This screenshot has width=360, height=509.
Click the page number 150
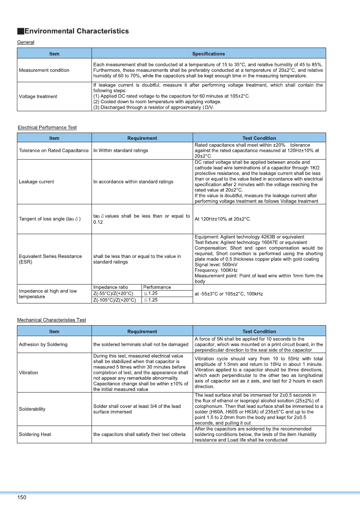pyautogui.click(x=21, y=497)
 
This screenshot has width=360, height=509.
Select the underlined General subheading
pyautogui.click(x=25, y=42)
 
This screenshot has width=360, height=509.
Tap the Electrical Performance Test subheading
pyautogui.click(x=47, y=127)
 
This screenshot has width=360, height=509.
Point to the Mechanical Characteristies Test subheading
pyautogui.click(x=51, y=320)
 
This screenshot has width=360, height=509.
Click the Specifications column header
pyautogui.click(x=208, y=54)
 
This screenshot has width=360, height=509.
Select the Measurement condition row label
pyautogui.click(x=44, y=70)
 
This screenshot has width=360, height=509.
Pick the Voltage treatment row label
pyautogui.click(x=38, y=96)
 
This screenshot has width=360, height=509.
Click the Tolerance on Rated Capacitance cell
pyautogui.click(x=54, y=150)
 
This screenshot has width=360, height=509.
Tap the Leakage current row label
pyautogui.click(x=36, y=182)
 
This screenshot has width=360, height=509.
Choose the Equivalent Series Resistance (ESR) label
pyautogui.click(x=50, y=259)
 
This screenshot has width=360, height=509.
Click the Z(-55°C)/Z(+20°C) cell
pyautogui.click(x=113, y=293)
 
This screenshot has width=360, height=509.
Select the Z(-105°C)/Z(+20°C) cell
pyautogui.click(x=114, y=300)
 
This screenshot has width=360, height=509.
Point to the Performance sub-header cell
pyautogui.click(x=157, y=287)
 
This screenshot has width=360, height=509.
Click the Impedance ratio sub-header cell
pyautogui.click(x=110, y=287)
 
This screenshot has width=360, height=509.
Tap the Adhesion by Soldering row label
pyautogui.click(x=43, y=345)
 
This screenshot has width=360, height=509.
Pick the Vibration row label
pyautogui.click(x=28, y=373)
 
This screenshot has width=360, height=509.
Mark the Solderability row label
pyautogui.click(x=32, y=409)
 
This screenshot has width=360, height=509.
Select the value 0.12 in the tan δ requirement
pyautogui.click(x=98, y=222)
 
